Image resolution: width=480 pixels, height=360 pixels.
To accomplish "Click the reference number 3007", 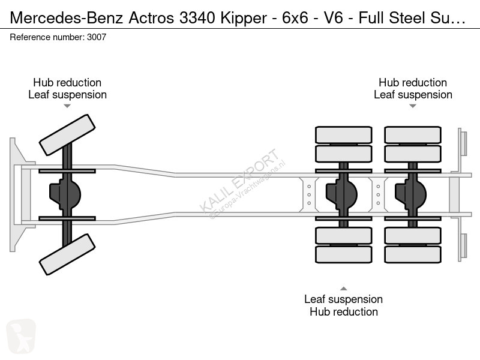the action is click(x=97, y=37).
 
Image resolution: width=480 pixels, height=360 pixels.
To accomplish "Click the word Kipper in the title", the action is click(x=244, y=18).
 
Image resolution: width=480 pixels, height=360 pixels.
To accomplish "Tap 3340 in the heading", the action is click(x=197, y=18).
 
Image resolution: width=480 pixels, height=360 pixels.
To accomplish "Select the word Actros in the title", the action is click(x=151, y=18).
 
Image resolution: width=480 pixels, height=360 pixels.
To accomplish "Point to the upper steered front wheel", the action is click(x=67, y=134).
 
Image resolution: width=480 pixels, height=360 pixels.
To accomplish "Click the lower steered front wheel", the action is click(x=67, y=254).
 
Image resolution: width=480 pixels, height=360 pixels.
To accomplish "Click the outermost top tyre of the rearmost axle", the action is click(x=413, y=134).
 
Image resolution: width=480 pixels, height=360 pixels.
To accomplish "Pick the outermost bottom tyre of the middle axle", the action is click(x=343, y=254).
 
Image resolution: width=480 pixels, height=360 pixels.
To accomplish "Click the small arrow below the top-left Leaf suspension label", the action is click(x=67, y=106).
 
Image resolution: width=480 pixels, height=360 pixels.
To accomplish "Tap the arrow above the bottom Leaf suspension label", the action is click(x=343, y=289).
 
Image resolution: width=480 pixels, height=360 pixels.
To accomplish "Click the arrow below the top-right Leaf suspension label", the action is click(x=413, y=106).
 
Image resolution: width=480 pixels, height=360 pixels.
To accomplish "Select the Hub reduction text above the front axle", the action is click(x=67, y=82).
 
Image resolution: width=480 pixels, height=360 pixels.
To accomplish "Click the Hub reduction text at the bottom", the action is click(x=343, y=311).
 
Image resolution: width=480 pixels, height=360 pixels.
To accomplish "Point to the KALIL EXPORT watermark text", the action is click(x=239, y=181).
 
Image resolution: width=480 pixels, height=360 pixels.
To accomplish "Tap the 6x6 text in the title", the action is click(x=295, y=18).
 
